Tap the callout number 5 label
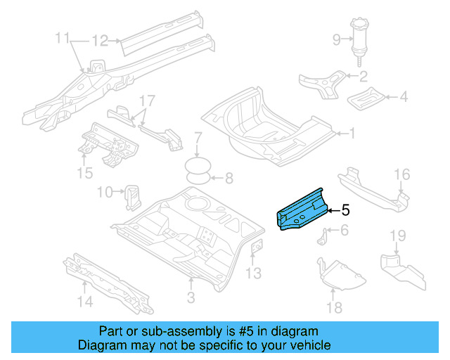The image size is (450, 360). (x=345, y=210)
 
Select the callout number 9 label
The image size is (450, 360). (x=335, y=39)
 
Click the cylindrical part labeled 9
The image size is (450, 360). (x=360, y=38)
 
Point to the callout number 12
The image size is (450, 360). (x=100, y=41)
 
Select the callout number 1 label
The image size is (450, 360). (x=353, y=132)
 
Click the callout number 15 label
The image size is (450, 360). (x=85, y=172)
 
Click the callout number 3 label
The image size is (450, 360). (x=191, y=298)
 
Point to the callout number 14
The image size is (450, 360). (x=84, y=302)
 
